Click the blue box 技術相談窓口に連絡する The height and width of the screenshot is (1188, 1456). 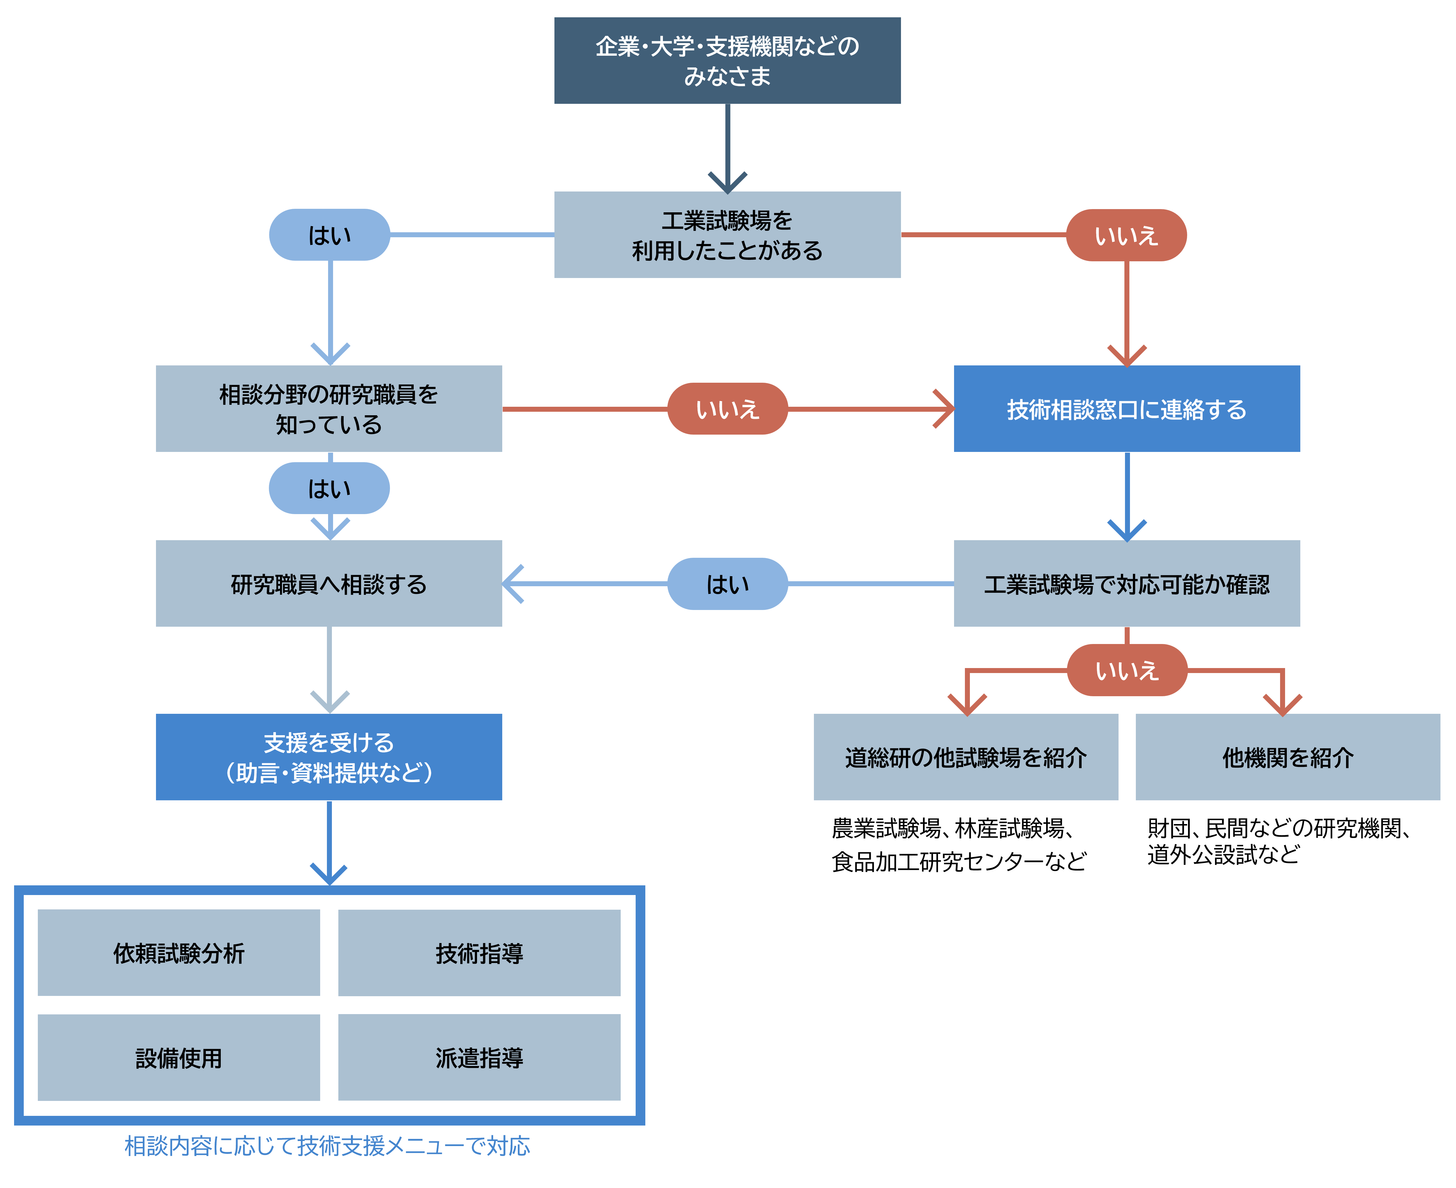(1126, 409)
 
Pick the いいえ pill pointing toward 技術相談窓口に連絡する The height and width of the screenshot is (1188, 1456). (727, 409)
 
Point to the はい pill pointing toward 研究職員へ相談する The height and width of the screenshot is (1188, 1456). (727, 584)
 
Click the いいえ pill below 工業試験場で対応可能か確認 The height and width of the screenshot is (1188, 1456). (1126, 670)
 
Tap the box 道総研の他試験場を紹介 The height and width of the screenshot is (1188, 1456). (965, 757)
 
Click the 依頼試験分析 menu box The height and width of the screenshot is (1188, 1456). (179, 953)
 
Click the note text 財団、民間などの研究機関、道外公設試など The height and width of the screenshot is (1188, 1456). (1278, 841)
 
